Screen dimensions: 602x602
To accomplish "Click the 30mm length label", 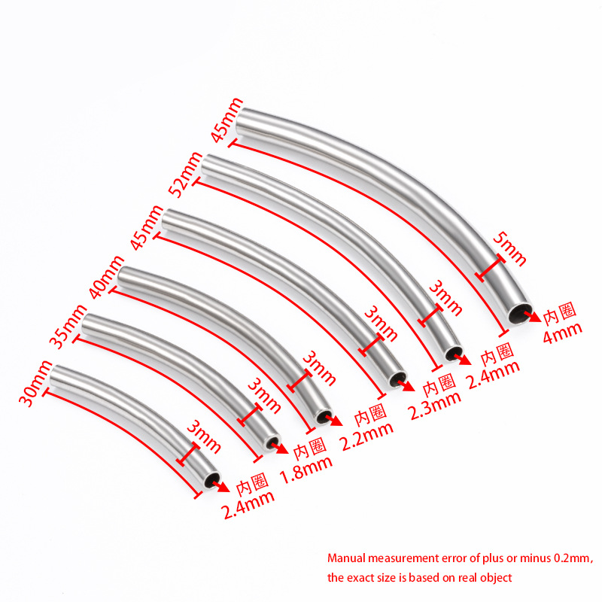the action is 35,383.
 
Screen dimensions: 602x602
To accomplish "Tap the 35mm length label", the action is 69,327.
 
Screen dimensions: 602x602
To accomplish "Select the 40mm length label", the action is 107,277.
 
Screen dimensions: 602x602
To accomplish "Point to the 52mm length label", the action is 186,175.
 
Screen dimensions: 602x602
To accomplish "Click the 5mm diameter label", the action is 509,249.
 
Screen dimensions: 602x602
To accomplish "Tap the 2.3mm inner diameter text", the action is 436,406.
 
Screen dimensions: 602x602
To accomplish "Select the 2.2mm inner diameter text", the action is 367,436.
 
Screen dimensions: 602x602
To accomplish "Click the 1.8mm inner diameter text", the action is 306,470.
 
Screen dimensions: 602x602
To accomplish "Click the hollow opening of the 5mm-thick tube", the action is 520,313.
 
